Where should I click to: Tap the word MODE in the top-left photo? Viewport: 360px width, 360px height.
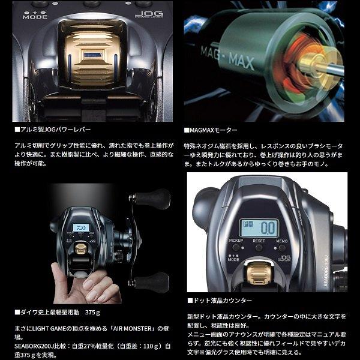(34, 17)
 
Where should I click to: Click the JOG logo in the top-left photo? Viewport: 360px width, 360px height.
(146, 14)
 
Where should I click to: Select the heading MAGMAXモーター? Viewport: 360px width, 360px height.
(212, 130)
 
